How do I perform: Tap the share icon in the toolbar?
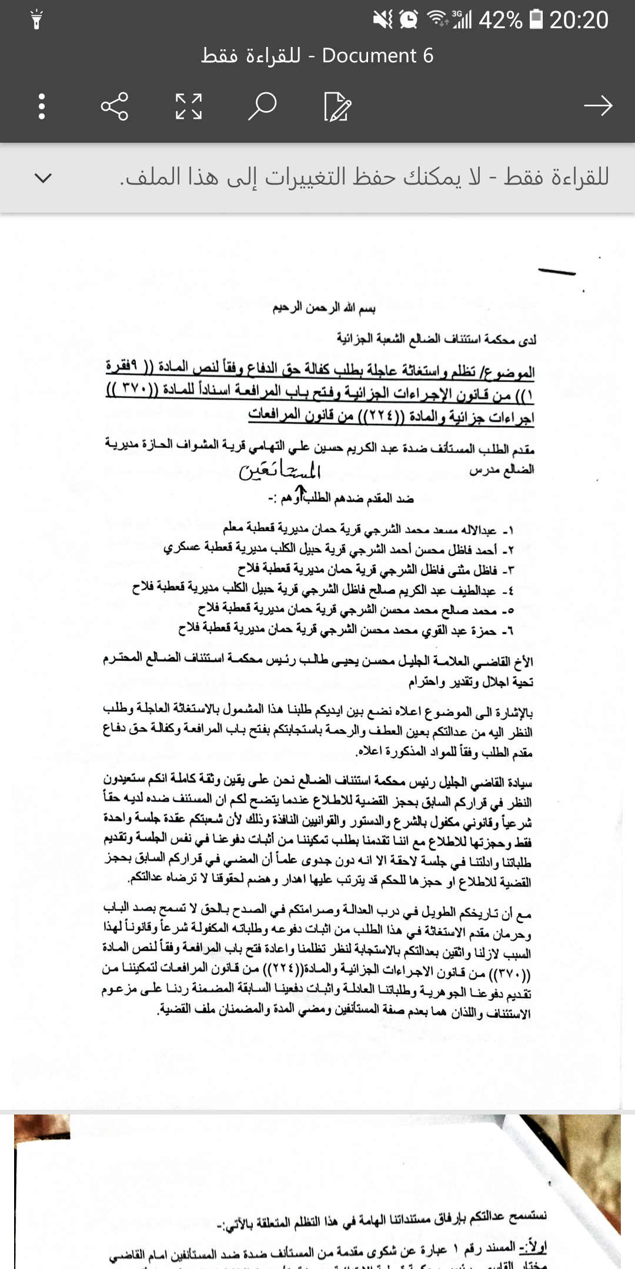click(x=114, y=106)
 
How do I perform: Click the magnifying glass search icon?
click(x=262, y=106)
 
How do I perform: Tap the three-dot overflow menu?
click(x=41, y=106)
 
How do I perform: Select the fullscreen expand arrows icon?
click(x=189, y=106)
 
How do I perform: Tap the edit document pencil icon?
click(x=337, y=106)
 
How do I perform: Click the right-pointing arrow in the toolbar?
click(x=598, y=106)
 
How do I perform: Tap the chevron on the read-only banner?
click(x=43, y=177)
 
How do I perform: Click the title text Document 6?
click(x=377, y=56)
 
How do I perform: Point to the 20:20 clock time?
click(x=579, y=21)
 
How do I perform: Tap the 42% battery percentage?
click(x=500, y=21)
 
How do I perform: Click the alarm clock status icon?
click(x=408, y=20)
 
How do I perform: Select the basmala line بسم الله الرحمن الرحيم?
click(x=324, y=308)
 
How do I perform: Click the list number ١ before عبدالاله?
click(x=510, y=531)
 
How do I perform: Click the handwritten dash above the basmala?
click(x=556, y=271)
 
